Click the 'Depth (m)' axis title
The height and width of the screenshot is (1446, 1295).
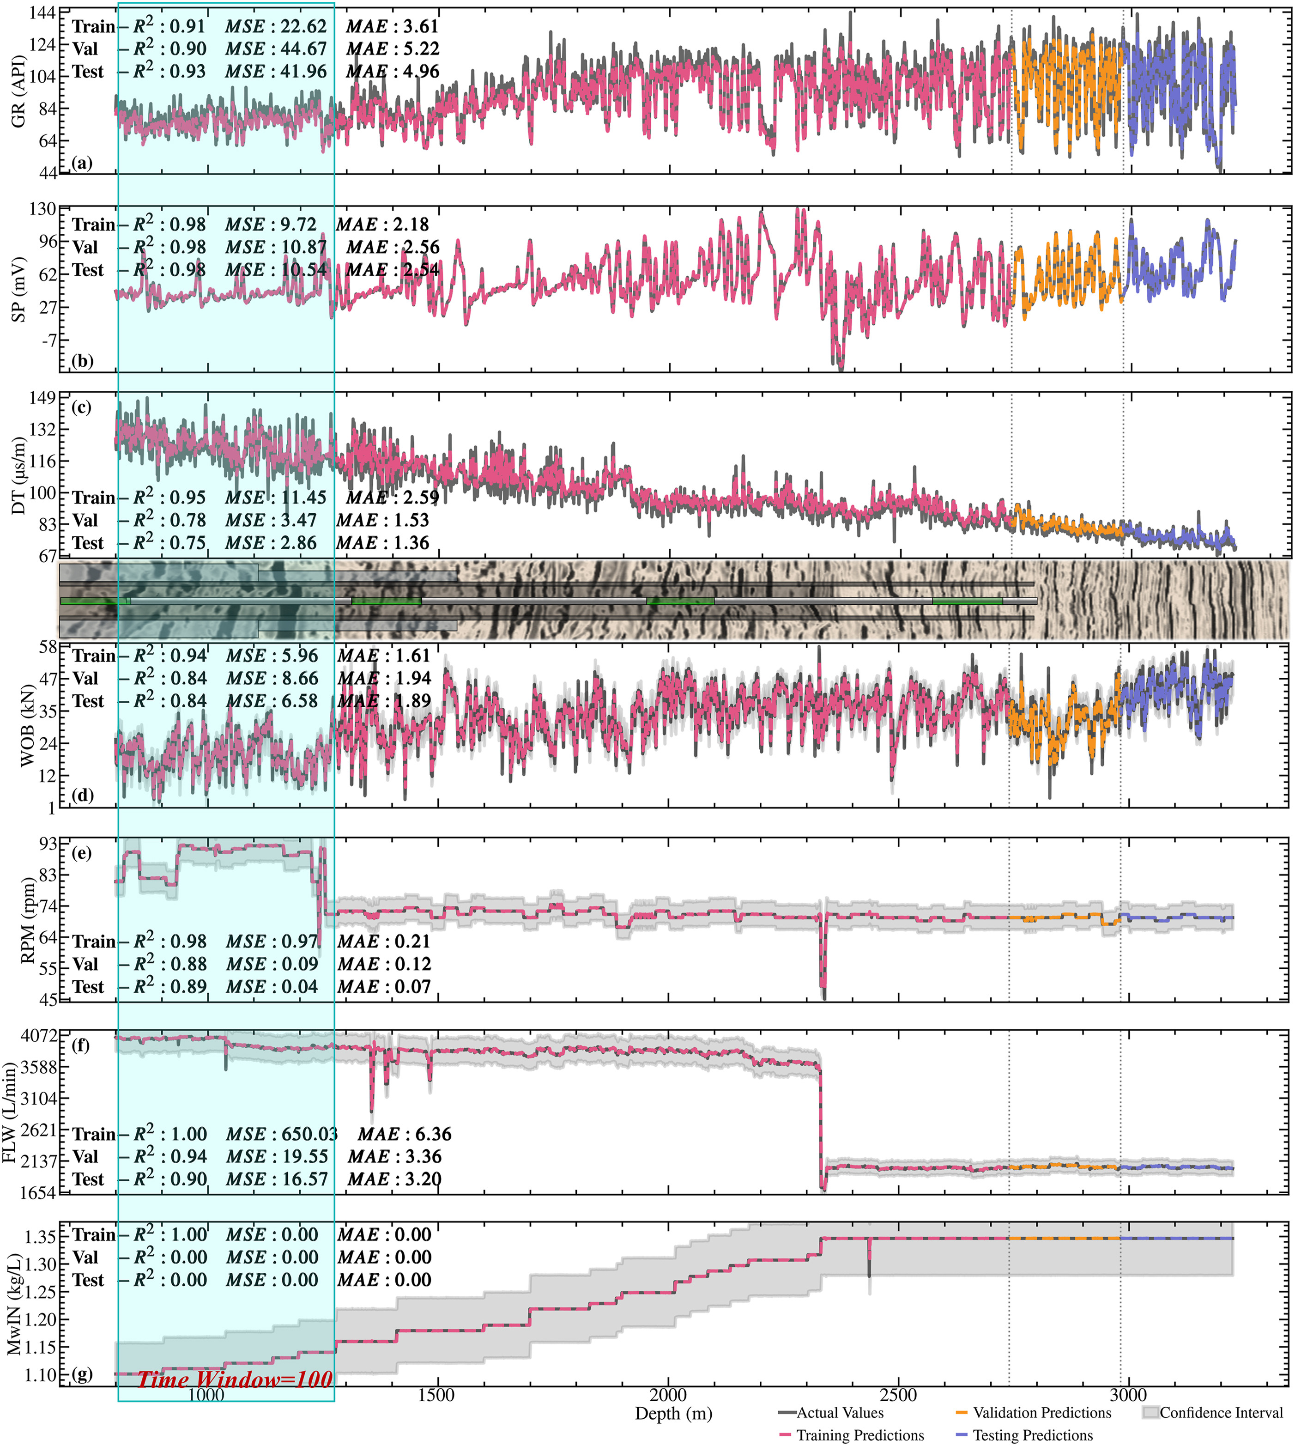(673, 1414)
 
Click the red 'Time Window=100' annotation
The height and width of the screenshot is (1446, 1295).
(235, 1380)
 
